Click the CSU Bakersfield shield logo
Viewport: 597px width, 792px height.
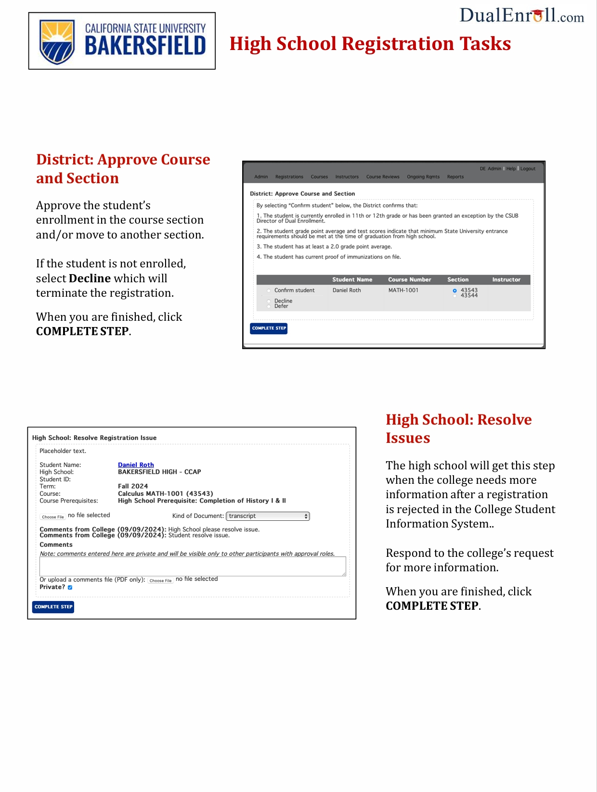tap(57, 41)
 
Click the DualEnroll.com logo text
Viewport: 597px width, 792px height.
tap(521, 16)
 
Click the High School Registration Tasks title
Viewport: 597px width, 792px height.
tap(370, 44)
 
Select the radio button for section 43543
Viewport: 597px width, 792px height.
tap(454, 290)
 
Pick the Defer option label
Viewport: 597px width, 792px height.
tap(281, 306)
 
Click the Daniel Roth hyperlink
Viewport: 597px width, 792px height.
tap(136, 465)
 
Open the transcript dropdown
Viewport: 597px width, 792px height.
tap(268, 516)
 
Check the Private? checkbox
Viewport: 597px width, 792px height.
tap(70, 587)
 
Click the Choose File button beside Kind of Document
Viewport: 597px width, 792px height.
tap(52, 517)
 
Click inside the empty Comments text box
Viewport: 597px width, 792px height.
tap(193, 566)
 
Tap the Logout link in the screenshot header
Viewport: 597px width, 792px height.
tap(528, 169)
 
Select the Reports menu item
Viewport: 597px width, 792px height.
tap(455, 177)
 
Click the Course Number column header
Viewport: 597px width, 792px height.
tap(409, 280)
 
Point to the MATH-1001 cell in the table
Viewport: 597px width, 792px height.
tap(403, 290)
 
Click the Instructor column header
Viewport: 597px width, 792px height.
tap(506, 280)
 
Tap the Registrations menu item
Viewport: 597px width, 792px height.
tap(289, 177)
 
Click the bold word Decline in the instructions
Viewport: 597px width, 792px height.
tap(90, 278)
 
